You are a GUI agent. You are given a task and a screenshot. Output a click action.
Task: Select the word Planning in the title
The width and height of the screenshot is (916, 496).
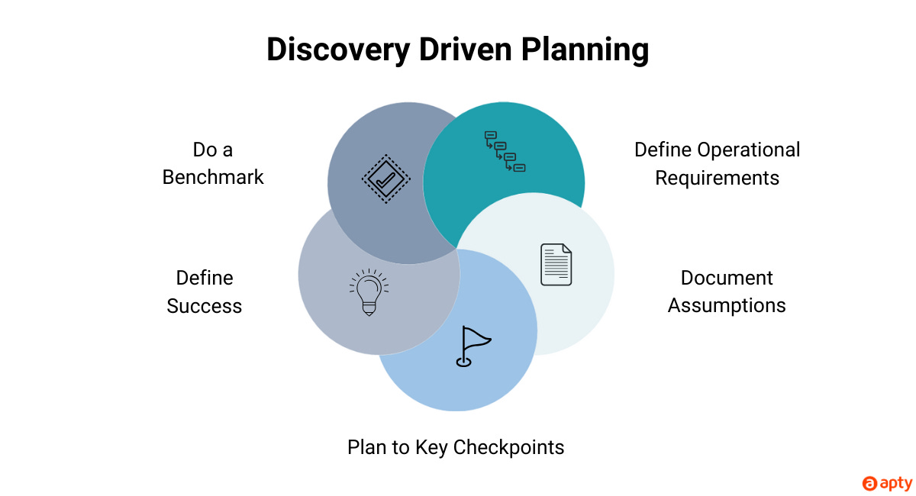click(x=586, y=50)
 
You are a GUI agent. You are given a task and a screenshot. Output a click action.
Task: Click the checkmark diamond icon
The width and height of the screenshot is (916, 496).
click(x=385, y=180)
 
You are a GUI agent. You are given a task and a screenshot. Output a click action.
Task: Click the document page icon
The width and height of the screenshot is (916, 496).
click(x=556, y=265)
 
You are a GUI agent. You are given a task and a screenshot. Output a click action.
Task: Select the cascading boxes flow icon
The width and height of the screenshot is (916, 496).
click(x=505, y=151)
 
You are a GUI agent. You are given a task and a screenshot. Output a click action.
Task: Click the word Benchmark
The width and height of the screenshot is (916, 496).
click(x=213, y=177)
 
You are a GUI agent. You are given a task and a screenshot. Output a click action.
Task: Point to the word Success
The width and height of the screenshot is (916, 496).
click(x=204, y=306)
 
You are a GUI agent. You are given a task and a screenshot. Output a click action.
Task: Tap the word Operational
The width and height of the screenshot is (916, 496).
click(x=749, y=150)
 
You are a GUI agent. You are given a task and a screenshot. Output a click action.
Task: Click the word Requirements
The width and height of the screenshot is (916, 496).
click(x=717, y=178)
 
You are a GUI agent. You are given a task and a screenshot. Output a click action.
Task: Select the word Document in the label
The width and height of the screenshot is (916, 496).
click(x=727, y=278)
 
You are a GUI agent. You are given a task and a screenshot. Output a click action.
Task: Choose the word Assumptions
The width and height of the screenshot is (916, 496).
click(x=727, y=306)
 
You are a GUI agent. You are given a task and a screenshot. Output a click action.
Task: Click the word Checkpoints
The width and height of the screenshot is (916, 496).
click(x=508, y=447)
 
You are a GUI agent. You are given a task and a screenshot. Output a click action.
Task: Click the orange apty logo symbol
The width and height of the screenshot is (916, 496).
click(x=869, y=483)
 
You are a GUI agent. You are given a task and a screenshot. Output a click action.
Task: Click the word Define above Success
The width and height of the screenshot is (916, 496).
click(x=205, y=278)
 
